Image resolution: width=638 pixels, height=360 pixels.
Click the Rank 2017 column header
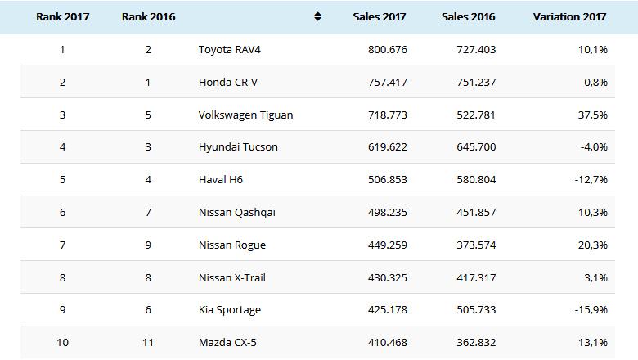(x=63, y=16)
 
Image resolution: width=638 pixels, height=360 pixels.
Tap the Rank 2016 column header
(x=148, y=16)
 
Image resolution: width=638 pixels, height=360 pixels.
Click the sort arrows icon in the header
(x=317, y=16)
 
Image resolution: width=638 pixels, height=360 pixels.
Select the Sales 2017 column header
(x=380, y=16)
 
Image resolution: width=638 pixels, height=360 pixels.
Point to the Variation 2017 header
(x=570, y=16)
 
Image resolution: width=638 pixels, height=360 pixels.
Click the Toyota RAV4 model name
(x=230, y=49)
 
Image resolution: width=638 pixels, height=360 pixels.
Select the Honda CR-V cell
(x=228, y=82)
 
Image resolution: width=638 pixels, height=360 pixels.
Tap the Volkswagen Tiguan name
(x=245, y=115)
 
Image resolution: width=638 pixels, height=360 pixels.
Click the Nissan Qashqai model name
(x=237, y=213)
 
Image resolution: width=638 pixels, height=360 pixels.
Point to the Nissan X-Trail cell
(x=232, y=278)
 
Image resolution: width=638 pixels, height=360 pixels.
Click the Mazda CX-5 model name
(x=227, y=343)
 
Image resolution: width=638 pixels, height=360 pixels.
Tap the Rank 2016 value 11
(x=148, y=343)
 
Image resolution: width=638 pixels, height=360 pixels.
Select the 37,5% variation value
(x=592, y=115)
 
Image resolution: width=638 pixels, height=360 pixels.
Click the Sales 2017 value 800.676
(x=386, y=49)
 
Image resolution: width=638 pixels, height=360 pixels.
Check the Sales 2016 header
(x=469, y=16)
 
